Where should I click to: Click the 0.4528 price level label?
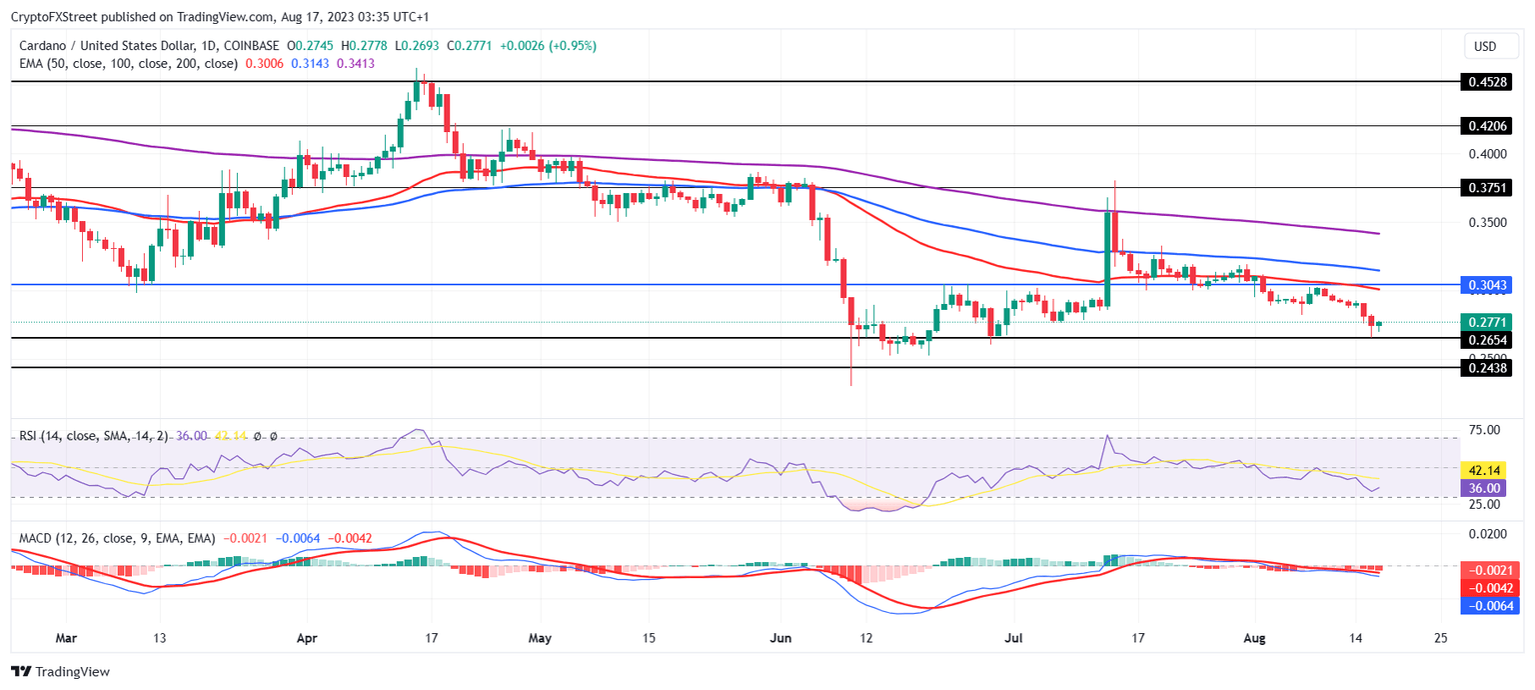[x=1484, y=82]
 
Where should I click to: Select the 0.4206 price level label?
[x=1484, y=126]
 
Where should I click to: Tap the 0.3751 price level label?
[x=1484, y=188]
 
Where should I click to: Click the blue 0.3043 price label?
[x=1484, y=285]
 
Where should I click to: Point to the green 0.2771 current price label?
[x=1484, y=322]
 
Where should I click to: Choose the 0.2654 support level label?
[x=1484, y=340]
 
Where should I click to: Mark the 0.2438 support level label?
[x=1484, y=368]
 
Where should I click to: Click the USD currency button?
[x=1485, y=47]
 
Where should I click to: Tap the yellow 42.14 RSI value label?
[x=1484, y=470]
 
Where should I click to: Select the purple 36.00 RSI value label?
[x=1484, y=488]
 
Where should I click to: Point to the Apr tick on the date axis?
[x=307, y=637]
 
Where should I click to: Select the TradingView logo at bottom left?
[x=60, y=672]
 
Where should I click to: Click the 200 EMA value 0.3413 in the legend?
[x=355, y=63]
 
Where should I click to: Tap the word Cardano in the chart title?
[x=46, y=46]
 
